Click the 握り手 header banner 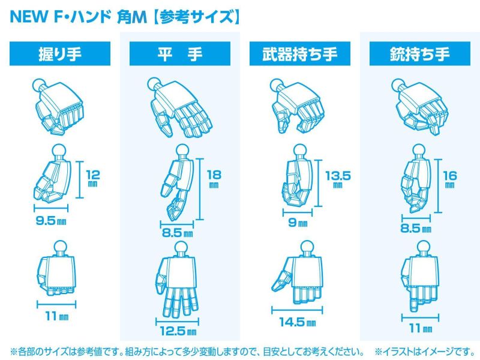pos(59,55)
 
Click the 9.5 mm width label pos(52,221)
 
